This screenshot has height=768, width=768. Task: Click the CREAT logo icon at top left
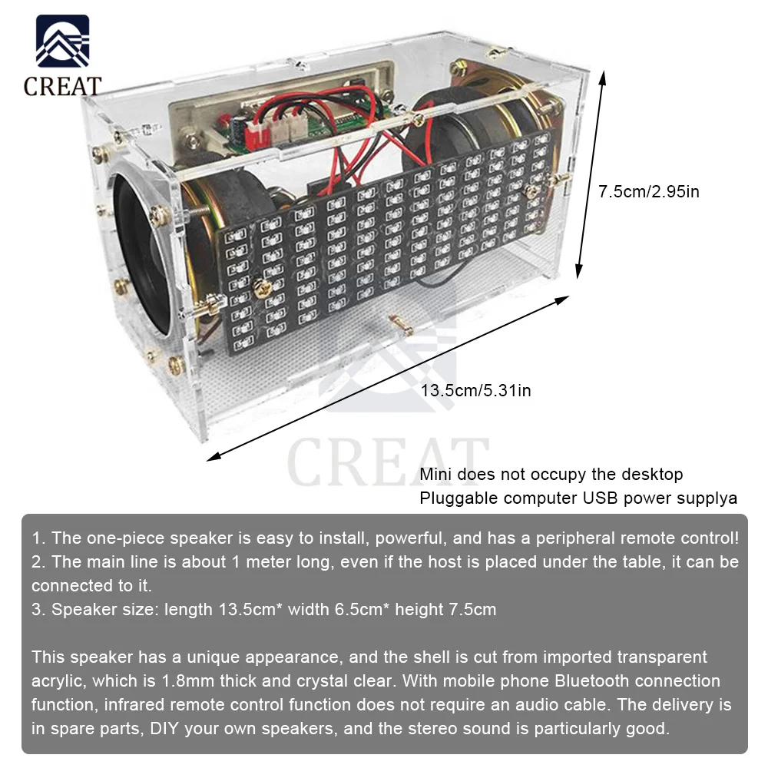click(62, 43)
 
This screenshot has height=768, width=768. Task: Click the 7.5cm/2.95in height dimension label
click(649, 191)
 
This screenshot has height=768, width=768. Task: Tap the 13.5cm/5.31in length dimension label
click(475, 390)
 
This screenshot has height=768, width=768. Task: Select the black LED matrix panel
click(384, 253)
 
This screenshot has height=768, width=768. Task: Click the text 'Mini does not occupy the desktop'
click(551, 475)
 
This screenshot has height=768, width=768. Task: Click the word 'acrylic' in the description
click(57, 681)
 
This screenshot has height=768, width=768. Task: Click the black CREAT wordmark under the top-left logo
click(62, 85)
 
